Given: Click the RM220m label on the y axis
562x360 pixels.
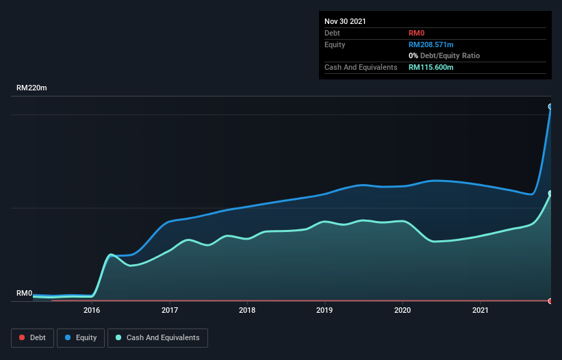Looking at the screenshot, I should coord(32,88).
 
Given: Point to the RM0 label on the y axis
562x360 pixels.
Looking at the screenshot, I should coord(25,294).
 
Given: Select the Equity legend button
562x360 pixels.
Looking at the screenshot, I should coord(81,337).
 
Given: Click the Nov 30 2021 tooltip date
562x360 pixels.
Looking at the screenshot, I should coord(345,21).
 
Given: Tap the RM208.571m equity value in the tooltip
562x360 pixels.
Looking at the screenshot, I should coord(431,44).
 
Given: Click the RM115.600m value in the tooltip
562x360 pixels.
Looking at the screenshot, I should coord(431,67).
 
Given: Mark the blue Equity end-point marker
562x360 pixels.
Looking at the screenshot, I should coord(550,107).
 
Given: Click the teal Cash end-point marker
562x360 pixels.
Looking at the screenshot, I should coord(550,194).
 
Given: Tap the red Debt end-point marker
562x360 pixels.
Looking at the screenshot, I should coord(550,301).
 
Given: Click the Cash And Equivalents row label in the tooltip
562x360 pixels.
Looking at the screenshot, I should coord(361,67).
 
